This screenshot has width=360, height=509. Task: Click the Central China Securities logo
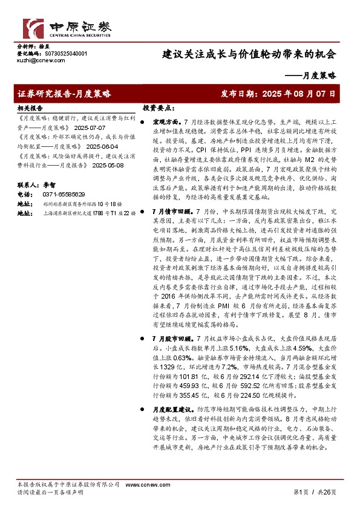tap(67, 28)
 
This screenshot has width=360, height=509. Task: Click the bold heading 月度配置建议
tap(172, 409)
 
